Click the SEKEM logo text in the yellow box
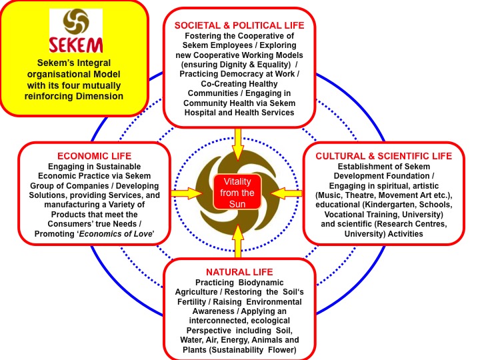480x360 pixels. pos(75,45)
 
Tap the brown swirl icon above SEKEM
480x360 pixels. pos(76,21)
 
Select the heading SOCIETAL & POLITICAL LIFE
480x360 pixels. pos(239,25)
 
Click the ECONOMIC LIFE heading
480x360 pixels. pos(94,156)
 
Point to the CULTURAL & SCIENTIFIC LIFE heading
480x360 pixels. pos(384,156)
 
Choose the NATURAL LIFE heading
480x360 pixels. pos(239,272)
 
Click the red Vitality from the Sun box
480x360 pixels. pos(237,193)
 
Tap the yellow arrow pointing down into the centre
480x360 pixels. pos(238,144)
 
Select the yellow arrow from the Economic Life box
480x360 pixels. pos(186,193)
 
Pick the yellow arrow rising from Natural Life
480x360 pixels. pos(238,241)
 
